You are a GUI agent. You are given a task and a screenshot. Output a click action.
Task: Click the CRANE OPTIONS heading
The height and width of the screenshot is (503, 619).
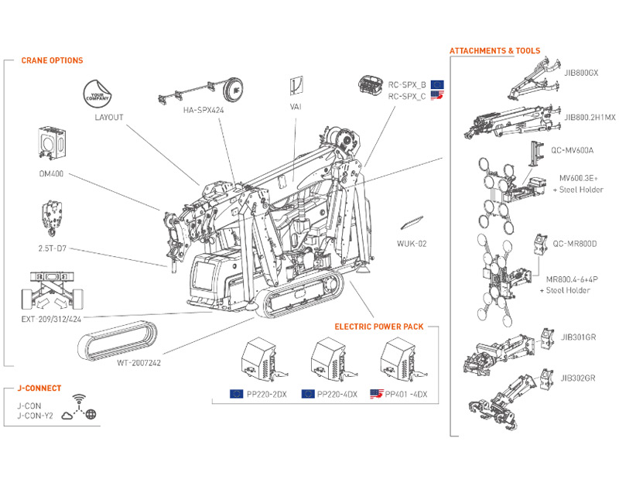(x=52, y=60)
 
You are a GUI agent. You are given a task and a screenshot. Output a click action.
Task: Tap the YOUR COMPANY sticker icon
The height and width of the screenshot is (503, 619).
(x=99, y=93)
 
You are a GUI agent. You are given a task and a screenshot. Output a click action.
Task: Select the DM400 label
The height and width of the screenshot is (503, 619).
(x=51, y=174)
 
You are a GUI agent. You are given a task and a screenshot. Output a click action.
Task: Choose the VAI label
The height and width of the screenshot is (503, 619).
(x=295, y=107)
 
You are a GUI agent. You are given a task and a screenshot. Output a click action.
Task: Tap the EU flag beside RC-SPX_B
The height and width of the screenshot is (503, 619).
(x=437, y=84)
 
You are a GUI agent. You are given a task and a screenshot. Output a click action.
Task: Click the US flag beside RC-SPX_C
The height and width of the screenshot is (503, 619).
(x=437, y=96)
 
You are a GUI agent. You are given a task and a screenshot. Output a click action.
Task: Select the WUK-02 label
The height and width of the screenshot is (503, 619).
(x=411, y=244)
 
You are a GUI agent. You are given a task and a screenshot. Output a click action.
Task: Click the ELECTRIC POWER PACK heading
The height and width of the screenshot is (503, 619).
(x=378, y=327)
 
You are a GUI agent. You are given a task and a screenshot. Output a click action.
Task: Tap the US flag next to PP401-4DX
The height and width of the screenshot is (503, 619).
(x=378, y=394)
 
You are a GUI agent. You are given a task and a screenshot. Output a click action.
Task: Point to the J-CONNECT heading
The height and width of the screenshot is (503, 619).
(x=39, y=388)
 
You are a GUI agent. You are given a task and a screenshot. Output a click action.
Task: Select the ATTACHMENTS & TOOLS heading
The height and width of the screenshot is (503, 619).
(x=494, y=51)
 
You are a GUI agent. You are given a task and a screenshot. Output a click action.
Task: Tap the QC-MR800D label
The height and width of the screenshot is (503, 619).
(x=574, y=244)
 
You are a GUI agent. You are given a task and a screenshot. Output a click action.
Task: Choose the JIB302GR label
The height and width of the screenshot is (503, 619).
(x=579, y=378)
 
